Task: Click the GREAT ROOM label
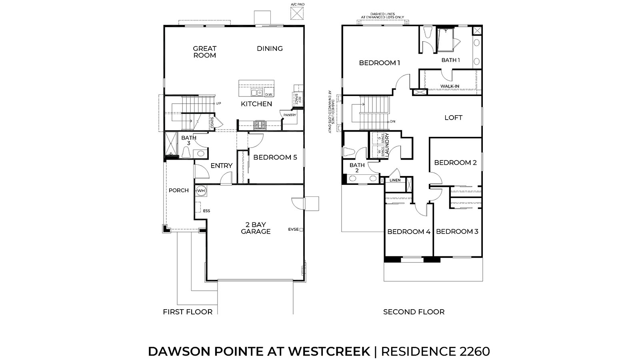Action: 204,52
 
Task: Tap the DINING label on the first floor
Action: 270,48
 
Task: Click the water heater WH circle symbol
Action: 200,191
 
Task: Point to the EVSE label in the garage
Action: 293,229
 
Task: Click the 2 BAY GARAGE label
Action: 256,228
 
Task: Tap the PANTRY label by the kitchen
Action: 290,115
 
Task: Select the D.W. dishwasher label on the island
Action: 269,94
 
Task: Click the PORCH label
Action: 178,190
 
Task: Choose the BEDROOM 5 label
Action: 275,157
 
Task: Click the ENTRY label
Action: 221,166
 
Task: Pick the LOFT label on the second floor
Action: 453,118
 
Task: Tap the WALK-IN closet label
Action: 450,86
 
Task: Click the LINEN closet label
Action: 395,180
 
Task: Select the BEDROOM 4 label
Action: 408,232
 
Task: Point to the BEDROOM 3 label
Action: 457,232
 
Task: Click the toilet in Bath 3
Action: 186,152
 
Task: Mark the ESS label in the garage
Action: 206,211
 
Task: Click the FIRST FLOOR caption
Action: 188,312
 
